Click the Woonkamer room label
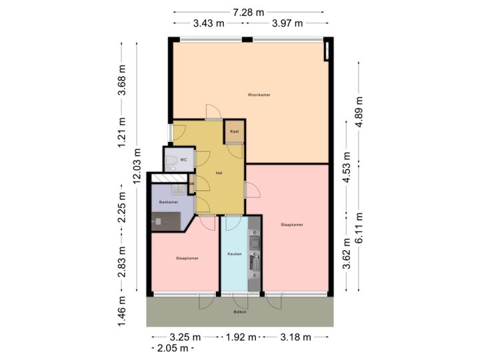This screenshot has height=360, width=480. (x=259, y=95)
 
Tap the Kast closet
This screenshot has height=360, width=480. (x=235, y=132)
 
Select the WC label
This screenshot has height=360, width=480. (x=183, y=160)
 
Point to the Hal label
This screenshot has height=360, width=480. (x=219, y=173)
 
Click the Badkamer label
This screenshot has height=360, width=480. (x=169, y=202)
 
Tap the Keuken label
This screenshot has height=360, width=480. (x=234, y=253)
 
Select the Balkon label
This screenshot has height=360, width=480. (x=240, y=311)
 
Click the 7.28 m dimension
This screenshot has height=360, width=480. (x=248, y=12)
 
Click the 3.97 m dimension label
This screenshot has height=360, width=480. (x=287, y=23)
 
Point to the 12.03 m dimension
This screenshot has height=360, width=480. (x=137, y=165)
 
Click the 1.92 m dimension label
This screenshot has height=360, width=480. (x=240, y=337)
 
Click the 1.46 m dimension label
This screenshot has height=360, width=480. (x=122, y=311)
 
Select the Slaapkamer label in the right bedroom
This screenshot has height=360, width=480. (x=292, y=225)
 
